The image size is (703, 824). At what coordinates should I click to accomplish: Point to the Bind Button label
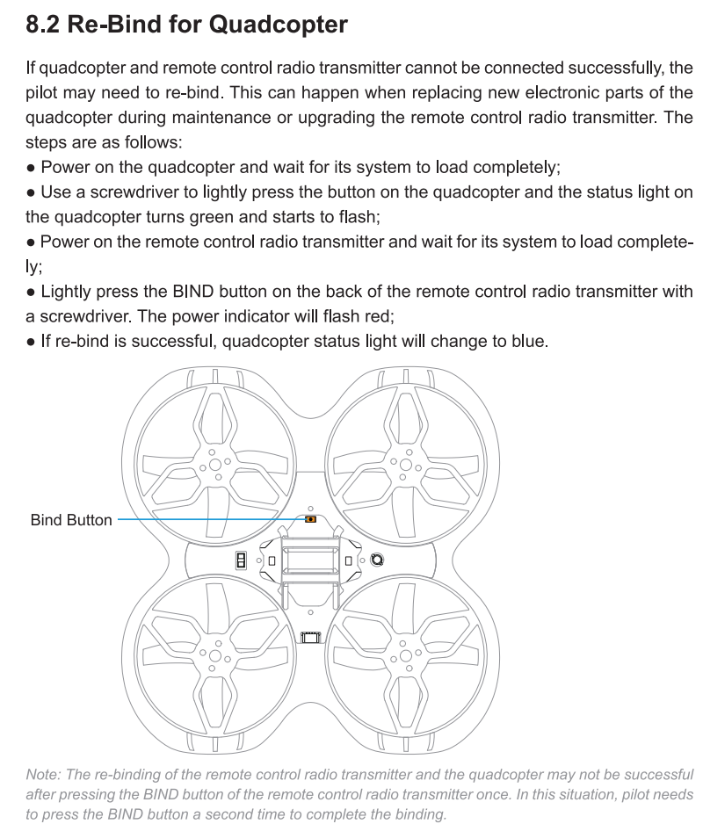pyautogui.click(x=71, y=520)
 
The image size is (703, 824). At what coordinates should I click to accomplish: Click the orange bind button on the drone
pyautogui.click(x=310, y=520)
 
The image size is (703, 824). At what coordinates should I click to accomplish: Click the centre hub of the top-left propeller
pyautogui.click(x=214, y=462)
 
